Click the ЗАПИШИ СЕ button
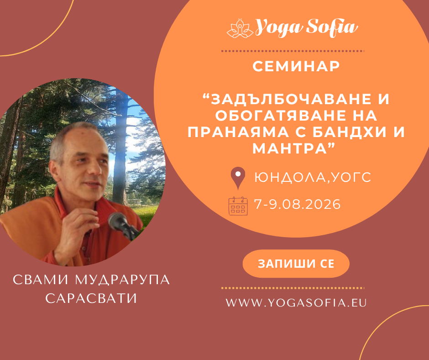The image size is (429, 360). pos(296,264)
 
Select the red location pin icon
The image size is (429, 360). pos(237,178)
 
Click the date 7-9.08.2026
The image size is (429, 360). pos(298,205)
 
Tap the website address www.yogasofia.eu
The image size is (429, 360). pos(297,302)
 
